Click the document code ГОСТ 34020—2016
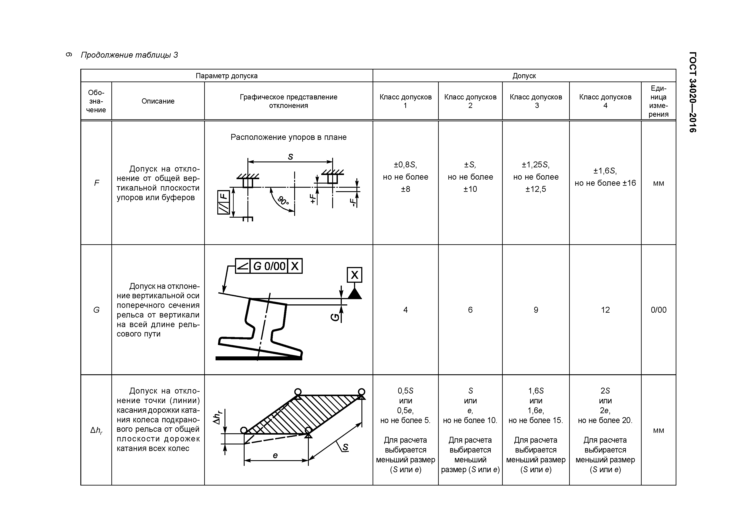click(693, 92)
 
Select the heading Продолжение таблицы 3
click(129, 55)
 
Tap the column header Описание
click(158, 101)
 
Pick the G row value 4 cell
click(405, 310)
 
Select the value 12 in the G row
click(605, 310)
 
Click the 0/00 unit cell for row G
click(658, 310)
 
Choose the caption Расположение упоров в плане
click(288, 137)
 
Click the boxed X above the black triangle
click(354, 275)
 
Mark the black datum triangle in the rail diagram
click(354, 294)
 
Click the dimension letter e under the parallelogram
click(275, 455)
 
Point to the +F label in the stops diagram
click(313, 199)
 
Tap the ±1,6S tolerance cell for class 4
click(605, 177)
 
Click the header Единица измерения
click(658, 101)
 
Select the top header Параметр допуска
click(226, 76)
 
